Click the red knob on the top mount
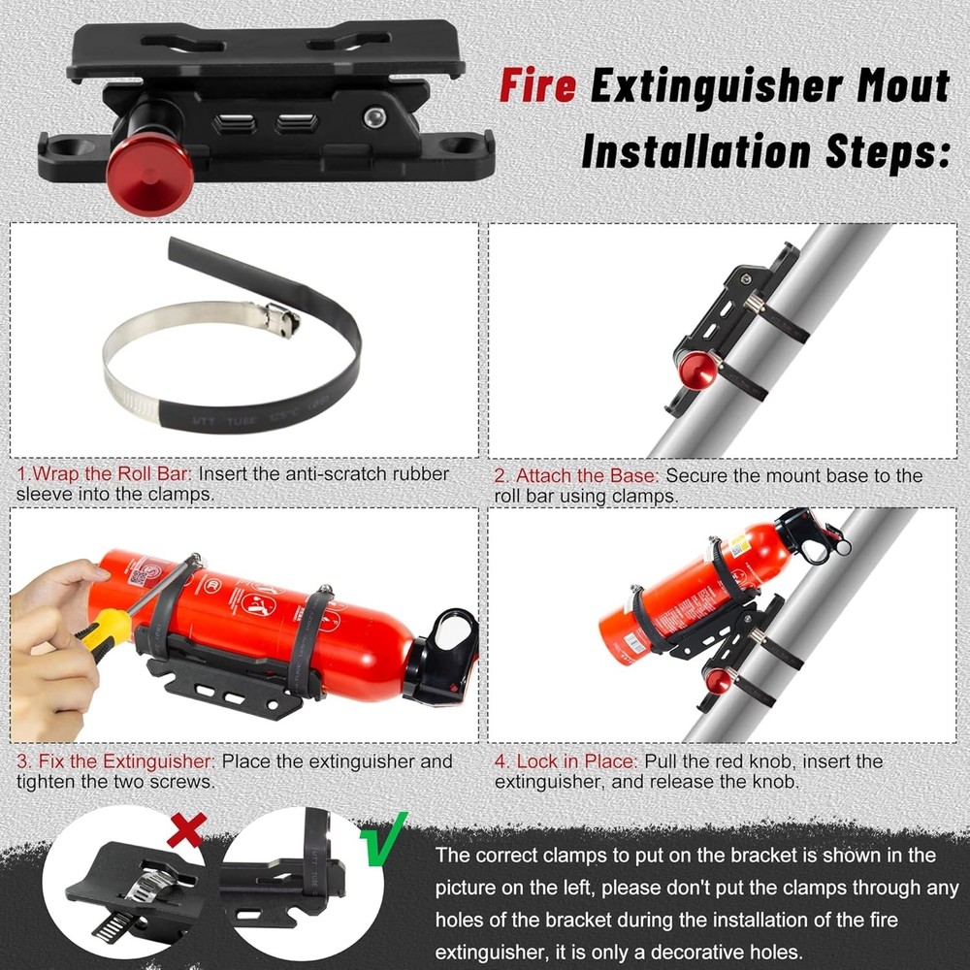pyautogui.click(x=137, y=174)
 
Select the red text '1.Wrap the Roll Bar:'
pyautogui.click(x=105, y=474)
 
